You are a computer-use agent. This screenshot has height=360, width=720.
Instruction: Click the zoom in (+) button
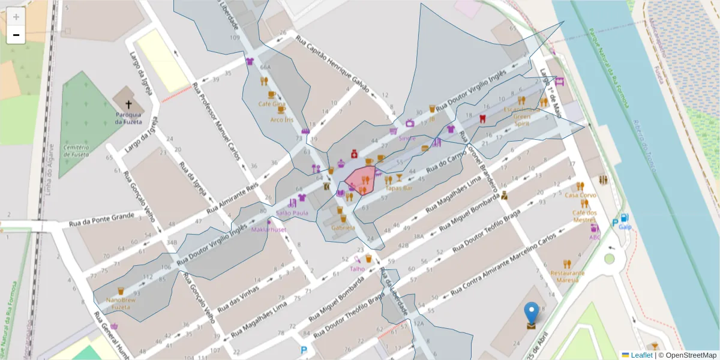(16, 17)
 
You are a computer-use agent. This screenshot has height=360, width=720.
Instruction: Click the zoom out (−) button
(16, 35)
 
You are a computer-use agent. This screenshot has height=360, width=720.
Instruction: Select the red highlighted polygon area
(360, 180)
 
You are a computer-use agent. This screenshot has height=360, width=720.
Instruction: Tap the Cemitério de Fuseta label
(76, 151)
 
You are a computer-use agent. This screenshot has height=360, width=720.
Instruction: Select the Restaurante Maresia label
(567, 276)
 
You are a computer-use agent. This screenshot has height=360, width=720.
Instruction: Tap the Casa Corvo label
(580, 195)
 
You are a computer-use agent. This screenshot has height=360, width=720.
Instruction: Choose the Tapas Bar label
(399, 188)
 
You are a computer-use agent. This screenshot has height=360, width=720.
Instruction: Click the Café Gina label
(272, 104)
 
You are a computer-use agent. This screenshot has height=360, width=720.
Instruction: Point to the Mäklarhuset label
(269, 230)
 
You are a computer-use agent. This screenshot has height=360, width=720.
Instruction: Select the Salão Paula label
(292, 212)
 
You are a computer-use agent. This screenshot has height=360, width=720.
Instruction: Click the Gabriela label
(343, 227)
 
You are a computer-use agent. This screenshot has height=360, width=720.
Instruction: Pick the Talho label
(357, 269)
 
